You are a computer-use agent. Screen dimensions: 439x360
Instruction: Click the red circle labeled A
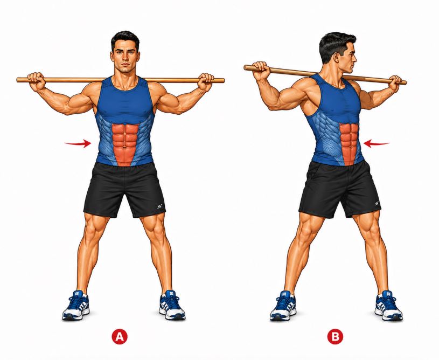coord(120,336)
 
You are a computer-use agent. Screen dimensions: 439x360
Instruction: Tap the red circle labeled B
coord(335,336)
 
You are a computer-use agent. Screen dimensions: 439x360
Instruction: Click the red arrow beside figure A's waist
coord(78,144)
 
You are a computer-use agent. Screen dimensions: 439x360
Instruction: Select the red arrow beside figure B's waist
coord(376,144)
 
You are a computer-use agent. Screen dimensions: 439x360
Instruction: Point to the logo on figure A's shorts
coord(159,206)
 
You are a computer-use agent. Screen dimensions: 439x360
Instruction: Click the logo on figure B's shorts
coord(377,204)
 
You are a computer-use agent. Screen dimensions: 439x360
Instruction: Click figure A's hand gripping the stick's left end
coord(37,81)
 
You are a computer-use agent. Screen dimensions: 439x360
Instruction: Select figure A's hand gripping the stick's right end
coord(205,82)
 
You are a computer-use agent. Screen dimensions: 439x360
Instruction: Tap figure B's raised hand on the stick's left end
coord(261,70)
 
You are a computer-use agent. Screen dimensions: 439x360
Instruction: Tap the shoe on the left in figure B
coord(283,306)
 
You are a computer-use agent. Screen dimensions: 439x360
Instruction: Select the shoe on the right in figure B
coord(388,306)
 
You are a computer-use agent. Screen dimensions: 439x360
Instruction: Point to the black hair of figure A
coord(125,40)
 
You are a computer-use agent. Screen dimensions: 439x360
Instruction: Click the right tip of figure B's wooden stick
coord(406,83)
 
